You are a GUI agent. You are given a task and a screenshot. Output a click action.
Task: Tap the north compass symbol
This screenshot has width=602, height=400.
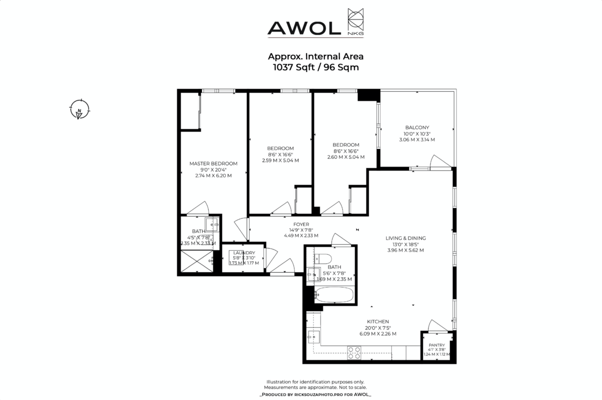point(79,109)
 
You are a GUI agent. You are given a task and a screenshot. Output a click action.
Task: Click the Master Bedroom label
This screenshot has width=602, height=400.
point(213,163)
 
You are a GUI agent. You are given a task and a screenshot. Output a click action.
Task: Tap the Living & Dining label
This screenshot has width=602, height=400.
point(405,238)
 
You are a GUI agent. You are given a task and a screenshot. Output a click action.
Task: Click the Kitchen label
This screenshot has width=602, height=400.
point(378,322)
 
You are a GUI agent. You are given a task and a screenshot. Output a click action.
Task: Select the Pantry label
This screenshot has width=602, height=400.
point(436,345)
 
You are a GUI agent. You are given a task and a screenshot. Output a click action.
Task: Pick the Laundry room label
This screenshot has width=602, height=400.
point(244,253)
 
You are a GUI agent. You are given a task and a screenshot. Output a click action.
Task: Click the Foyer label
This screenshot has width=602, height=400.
point(302,224)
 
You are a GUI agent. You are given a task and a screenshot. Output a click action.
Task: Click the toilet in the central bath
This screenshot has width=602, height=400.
point(321,259)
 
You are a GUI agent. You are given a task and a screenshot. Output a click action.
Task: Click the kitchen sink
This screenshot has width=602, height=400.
point(314,336)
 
